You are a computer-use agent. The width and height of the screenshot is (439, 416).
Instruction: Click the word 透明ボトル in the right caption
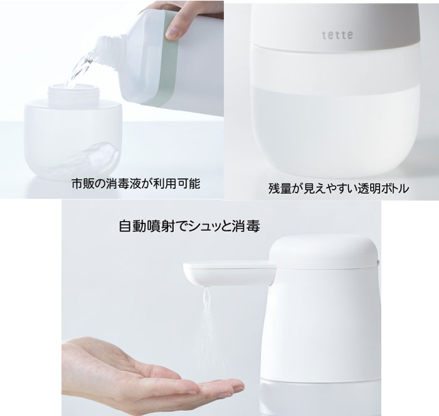(x=373, y=188)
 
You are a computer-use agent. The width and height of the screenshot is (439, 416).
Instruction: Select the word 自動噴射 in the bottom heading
(x=140, y=225)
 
